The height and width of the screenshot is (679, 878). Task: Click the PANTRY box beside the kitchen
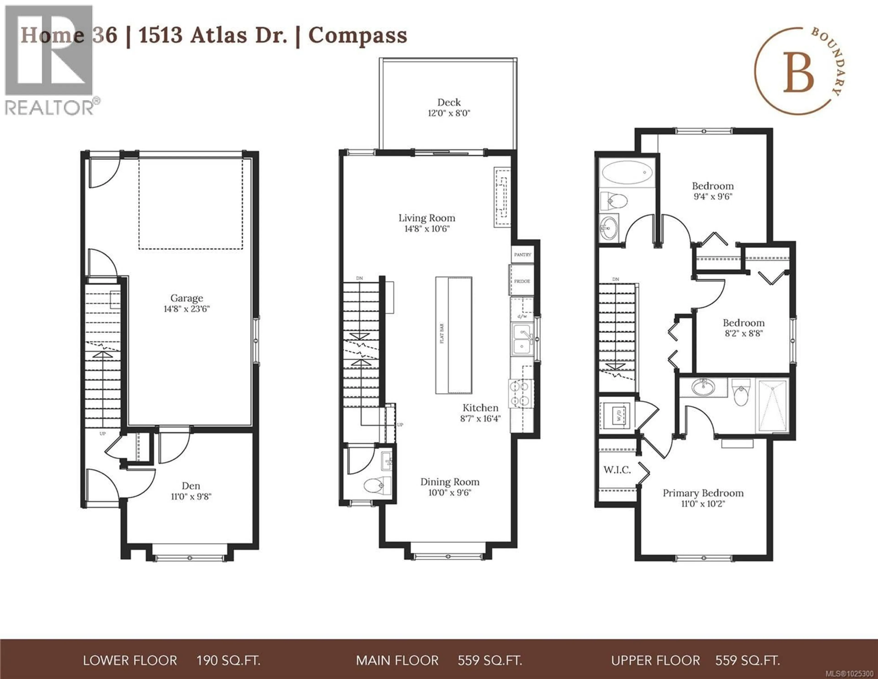point(522,255)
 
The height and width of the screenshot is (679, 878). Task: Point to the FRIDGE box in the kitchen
point(522,281)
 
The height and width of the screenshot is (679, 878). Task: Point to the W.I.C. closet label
point(617,470)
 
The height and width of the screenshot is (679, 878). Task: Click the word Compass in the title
point(357,35)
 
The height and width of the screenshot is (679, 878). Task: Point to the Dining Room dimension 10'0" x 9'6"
point(450,493)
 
